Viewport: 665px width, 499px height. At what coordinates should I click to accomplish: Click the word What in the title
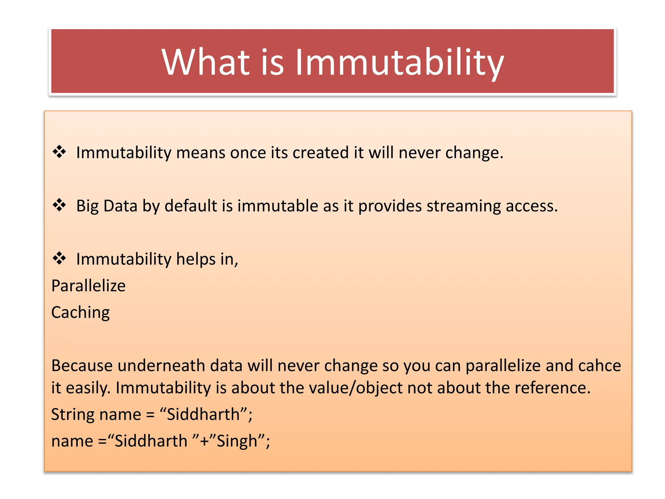point(206,62)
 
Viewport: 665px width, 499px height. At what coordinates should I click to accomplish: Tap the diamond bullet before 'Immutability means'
point(59,152)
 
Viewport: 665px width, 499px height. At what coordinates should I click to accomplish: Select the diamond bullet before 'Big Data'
point(59,205)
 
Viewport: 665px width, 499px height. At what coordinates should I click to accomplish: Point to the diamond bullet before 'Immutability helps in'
point(59,258)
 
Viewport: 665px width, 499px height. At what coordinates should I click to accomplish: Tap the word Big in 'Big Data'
point(87,206)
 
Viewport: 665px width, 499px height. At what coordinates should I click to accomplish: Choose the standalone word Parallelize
point(88,286)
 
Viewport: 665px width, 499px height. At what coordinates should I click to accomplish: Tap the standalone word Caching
point(81,313)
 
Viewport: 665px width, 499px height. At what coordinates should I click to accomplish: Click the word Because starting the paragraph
point(82,365)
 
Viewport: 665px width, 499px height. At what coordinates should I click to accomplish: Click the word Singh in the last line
point(237,441)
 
